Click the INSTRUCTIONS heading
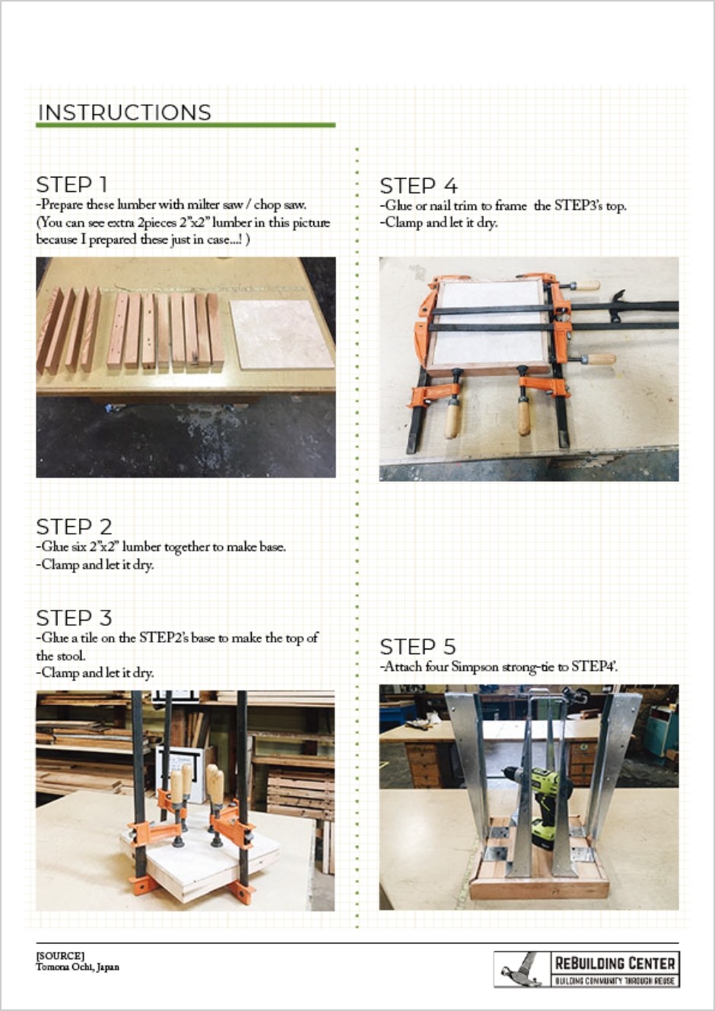pyautogui.click(x=124, y=113)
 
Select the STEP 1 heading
pyautogui.click(x=71, y=185)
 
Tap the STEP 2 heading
pyautogui.click(x=74, y=527)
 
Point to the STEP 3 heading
pyautogui.click(x=74, y=617)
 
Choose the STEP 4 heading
pyautogui.click(x=418, y=186)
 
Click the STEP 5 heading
pyautogui.click(x=418, y=647)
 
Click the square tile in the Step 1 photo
pyautogui.click(x=281, y=334)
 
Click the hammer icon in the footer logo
pyautogui.click(x=521, y=969)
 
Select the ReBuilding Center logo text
pyautogui.click(x=615, y=963)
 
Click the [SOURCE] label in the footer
pyautogui.click(x=59, y=955)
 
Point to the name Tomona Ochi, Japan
pyautogui.click(x=78, y=968)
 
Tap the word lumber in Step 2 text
pyautogui.click(x=142, y=547)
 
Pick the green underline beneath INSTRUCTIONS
pyautogui.click(x=186, y=125)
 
